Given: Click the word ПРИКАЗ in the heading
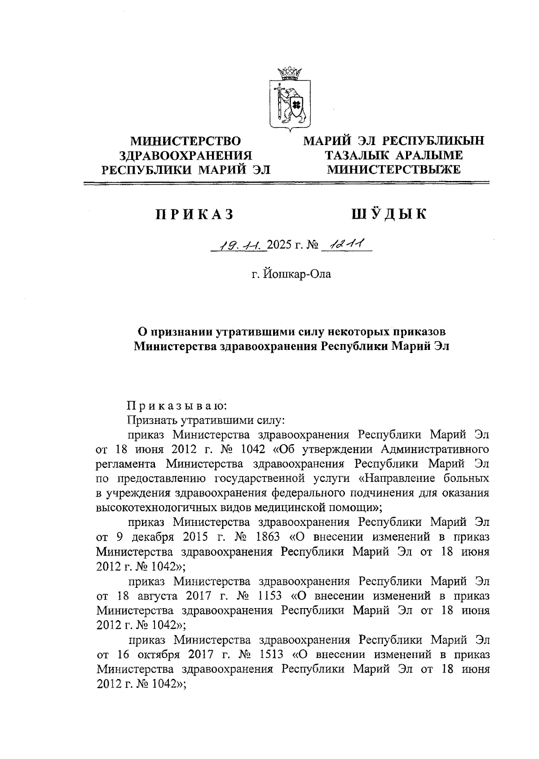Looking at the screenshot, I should (194, 215).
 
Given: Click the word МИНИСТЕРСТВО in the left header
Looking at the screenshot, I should (185, 141).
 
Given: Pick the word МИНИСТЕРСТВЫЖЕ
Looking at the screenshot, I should (394, 169).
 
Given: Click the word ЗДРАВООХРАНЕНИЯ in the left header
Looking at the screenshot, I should (185, 155).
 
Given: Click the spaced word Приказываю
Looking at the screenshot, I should (177, 406).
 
